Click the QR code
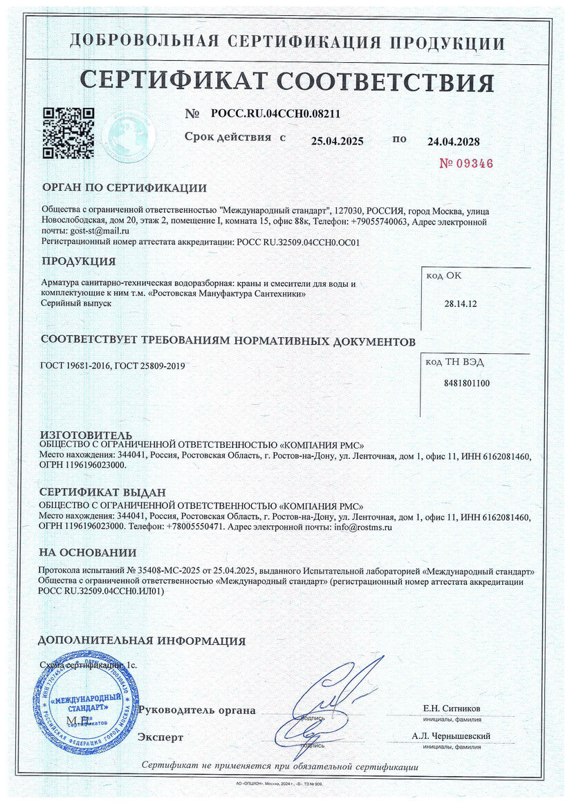(68, 133)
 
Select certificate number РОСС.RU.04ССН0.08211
(275, 114)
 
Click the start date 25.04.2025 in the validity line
(337, 141)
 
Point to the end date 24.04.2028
(454, 142)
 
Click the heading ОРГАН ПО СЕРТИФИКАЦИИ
(124, 187)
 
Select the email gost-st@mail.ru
(100, 231)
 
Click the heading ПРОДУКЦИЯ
(79, 261)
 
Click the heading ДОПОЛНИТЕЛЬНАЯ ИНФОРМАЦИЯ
(141, 641)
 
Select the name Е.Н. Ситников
(452, 708)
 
